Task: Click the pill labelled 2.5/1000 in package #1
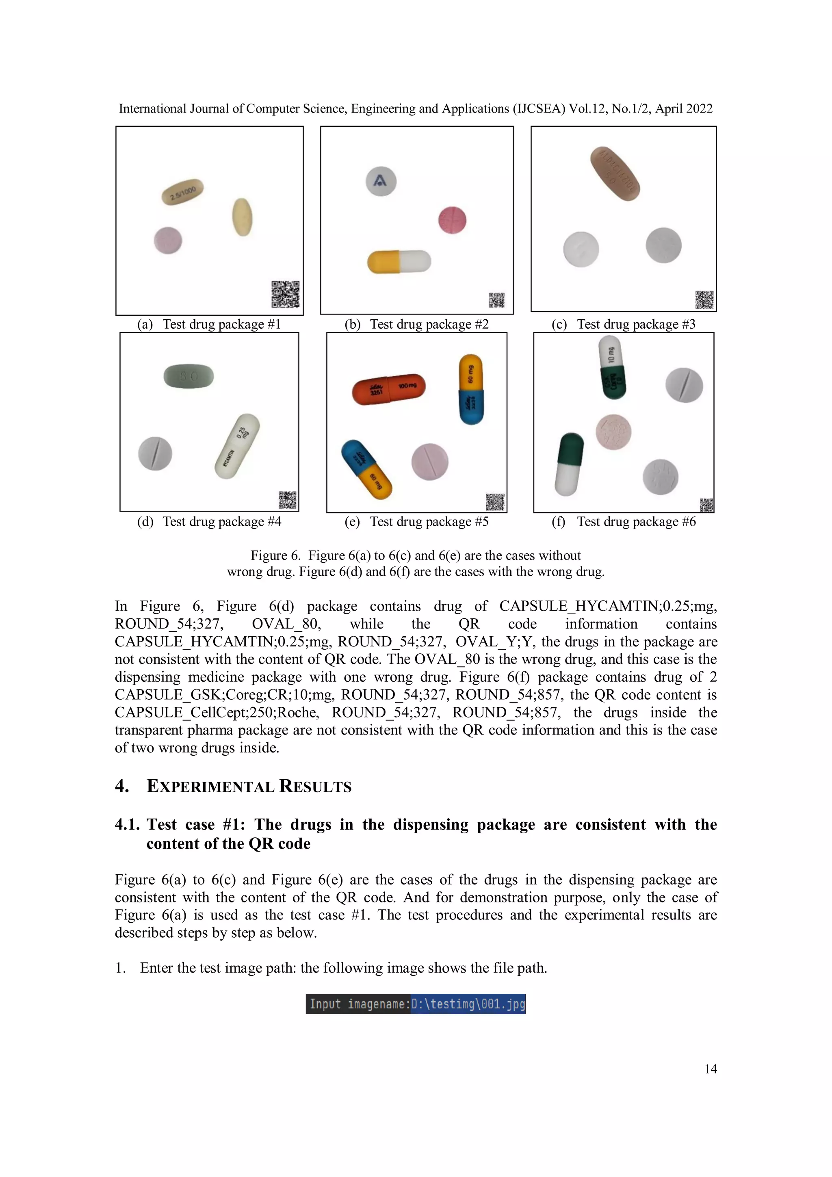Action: [x=182, y=192]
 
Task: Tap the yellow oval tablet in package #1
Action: [x=242, y=217]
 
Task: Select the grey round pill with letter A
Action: [x=381, y=181]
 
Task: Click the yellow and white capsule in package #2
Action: [x=399, y=261]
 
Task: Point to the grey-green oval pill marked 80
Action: [x=188, y=376]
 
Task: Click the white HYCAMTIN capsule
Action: [x=237, y=446]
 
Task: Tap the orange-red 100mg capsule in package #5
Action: [x=388, y=388]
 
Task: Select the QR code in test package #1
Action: [x=285, y=294]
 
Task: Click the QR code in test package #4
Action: [x=287, y=500]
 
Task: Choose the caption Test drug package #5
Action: [x=429, y=522]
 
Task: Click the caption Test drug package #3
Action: [x=636, y=325]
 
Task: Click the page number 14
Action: [x=710, y=1069]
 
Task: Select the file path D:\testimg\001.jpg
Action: [x=468, y=1004]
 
